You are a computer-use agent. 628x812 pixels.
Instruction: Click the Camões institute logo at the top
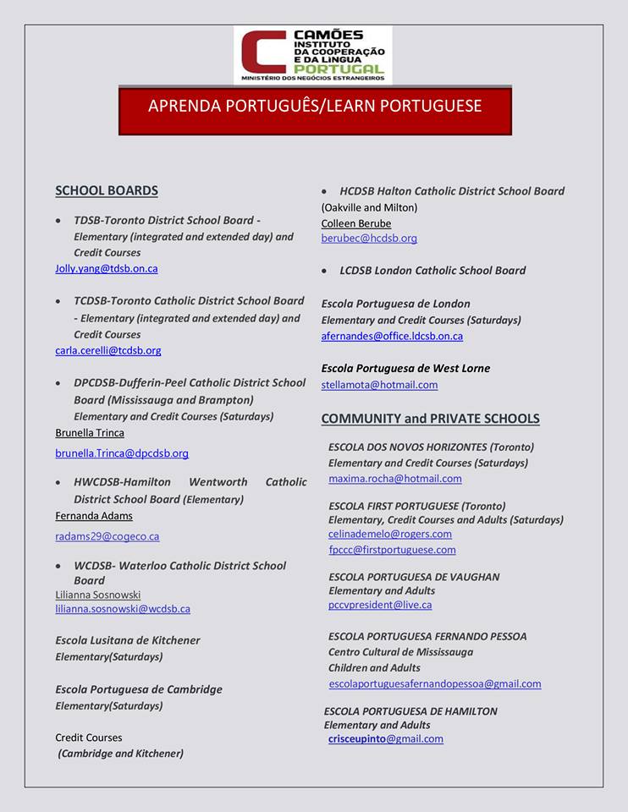(312, 55)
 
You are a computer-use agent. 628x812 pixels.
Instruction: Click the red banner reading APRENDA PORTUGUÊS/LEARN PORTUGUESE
(315, 107)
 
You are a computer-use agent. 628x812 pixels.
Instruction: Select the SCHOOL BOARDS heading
(107, 191)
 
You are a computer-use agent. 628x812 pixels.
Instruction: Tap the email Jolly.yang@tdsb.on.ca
(107, 269)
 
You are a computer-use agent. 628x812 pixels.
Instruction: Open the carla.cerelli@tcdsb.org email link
(108, 350)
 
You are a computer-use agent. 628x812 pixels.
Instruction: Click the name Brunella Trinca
(90, 433)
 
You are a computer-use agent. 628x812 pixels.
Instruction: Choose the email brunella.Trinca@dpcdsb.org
(122, 453)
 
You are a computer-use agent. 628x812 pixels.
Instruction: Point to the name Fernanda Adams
(94, 516)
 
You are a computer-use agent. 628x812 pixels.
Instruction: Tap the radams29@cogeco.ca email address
(107, 536)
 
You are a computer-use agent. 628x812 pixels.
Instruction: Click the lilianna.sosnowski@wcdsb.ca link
(123, 609)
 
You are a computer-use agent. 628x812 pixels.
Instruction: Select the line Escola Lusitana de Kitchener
(128, 640)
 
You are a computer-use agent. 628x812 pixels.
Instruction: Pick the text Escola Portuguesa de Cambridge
(139, 689)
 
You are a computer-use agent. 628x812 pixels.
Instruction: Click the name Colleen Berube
(356, 224)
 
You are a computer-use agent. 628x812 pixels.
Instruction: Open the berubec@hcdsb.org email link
(369, 239)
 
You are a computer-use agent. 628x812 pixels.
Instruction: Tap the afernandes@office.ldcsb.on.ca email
(392, 337)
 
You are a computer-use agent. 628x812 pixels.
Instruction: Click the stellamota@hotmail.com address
(379, 385)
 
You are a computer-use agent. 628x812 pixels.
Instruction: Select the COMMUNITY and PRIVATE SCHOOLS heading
(430, 419)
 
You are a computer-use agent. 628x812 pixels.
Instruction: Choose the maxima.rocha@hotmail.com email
(395, 479)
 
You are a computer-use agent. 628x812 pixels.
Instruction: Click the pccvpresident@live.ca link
(380, 605)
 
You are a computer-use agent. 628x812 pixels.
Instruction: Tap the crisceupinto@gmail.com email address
(386, 738)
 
